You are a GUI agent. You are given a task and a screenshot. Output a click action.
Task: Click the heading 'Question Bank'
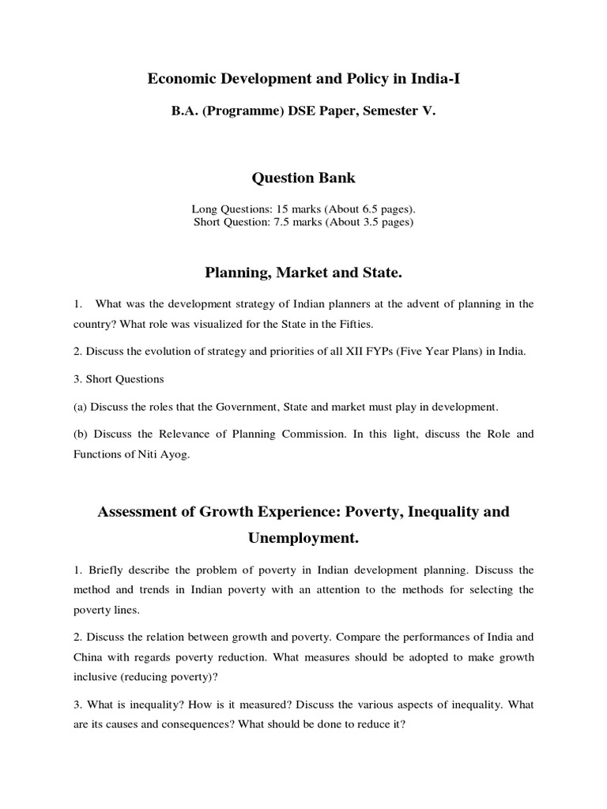[x=303, y=178]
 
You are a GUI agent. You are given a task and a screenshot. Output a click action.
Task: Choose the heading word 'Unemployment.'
[x=303, y=538]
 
